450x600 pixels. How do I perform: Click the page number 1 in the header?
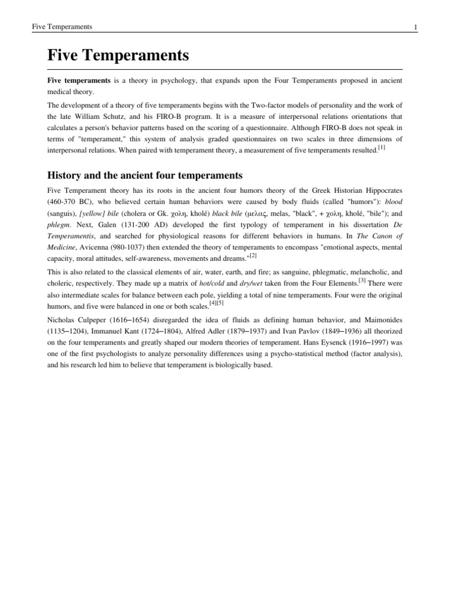point(415,27)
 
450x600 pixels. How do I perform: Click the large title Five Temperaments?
point(118,56)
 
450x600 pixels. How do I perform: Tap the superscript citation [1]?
point(381,148)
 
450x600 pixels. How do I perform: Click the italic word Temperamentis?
point(70,243)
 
